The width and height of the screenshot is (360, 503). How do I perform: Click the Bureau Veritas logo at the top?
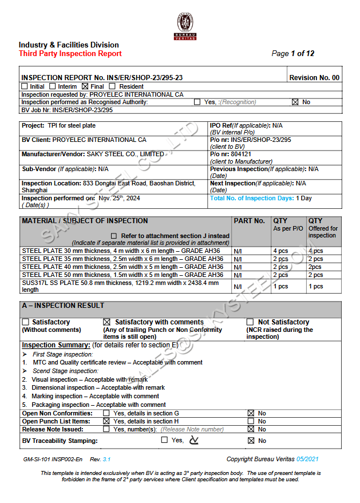pyautogui.click(x=185, y=26)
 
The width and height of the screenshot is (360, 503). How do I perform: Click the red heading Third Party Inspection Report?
pyautogui.click(x=70, y=54)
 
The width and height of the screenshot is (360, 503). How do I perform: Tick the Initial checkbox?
pyautogui.click(x=25, y=86)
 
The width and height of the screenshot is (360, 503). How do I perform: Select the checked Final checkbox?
pyautogui.click(x=85, y=86)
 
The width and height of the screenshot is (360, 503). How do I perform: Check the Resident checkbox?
pyautogui.click(x=112, y=86)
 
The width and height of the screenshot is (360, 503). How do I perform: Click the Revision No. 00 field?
pyautogui.click(x=314, y=78)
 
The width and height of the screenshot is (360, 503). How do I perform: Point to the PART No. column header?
pyautogui.click(x=250, y=221)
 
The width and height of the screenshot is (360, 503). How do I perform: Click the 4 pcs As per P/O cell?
pyautogui.click(x=280, y=251)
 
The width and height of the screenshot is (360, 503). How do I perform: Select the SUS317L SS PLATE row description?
pyautogui.click(x=120, y=286)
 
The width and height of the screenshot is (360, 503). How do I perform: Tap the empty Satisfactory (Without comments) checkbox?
pyautogui.click(x=25, y=322)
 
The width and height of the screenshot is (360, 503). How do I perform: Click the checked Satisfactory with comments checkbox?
pyautogui.click(x=106, y=322)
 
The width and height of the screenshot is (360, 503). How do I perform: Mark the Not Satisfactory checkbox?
pyautogui.click(x=250, y=322)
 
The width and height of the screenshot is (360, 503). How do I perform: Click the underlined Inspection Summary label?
pyautogui.click(x=56, y=345)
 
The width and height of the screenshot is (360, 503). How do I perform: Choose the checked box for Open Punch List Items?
pyautogui.click(x=106, y=421)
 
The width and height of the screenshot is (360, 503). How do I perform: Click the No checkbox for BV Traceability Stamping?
pyautogui.click(x=251, y=441)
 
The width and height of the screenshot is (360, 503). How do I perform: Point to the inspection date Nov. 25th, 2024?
pyautogui.click(x=119, y=198)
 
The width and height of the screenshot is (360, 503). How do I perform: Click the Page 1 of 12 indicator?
pyautogui.click(x=292, y=54)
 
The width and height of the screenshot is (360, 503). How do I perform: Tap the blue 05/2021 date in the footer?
pyautogui.click(x=323, y=459)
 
